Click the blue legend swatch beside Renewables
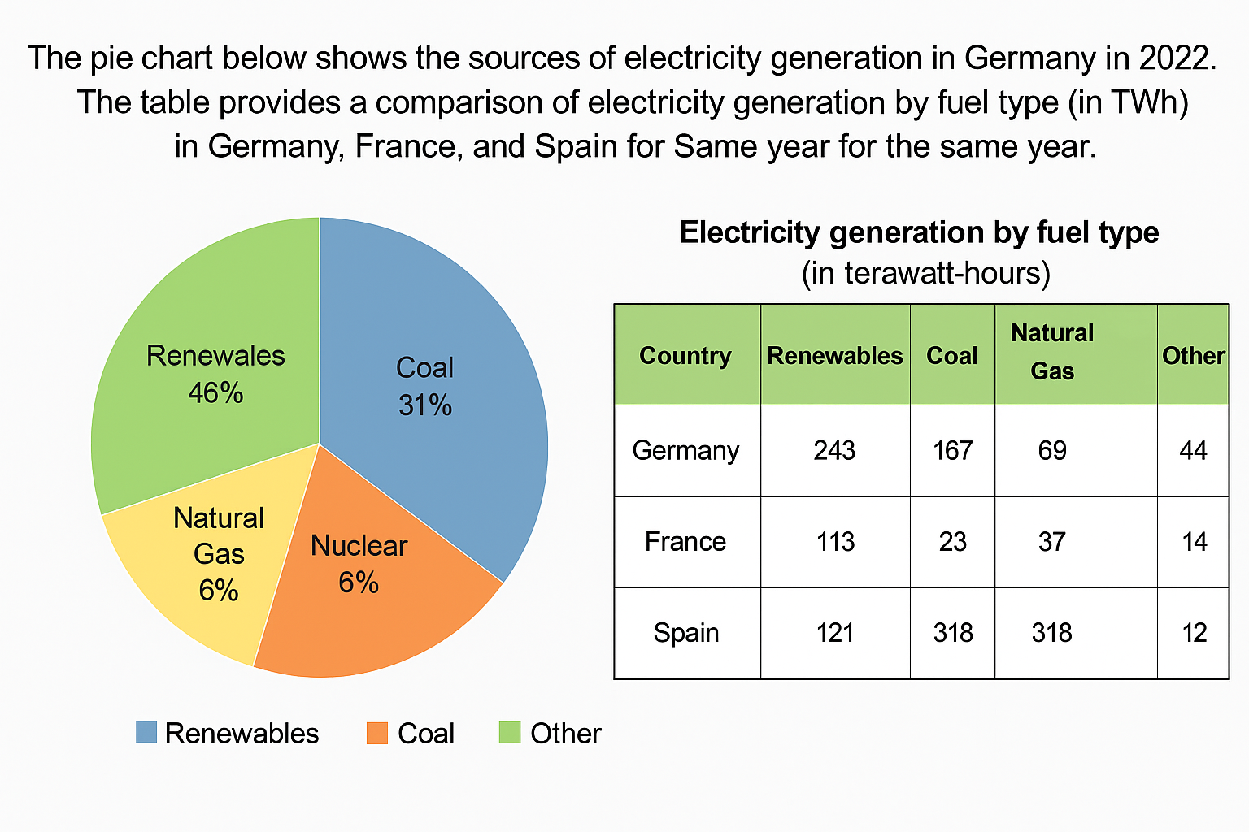(146, 732)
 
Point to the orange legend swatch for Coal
(377, 733)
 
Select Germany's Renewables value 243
(834, 451)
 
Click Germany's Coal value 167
(952, 451)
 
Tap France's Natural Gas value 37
(1051, 542)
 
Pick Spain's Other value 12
(1194, 633)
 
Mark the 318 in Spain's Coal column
(953, 633)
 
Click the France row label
(685, 542)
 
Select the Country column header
(685, 356)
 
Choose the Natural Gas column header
(1052, 352)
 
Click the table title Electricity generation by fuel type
(919, 232)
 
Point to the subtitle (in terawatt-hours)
(925, 273)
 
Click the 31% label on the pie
(425, 405)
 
